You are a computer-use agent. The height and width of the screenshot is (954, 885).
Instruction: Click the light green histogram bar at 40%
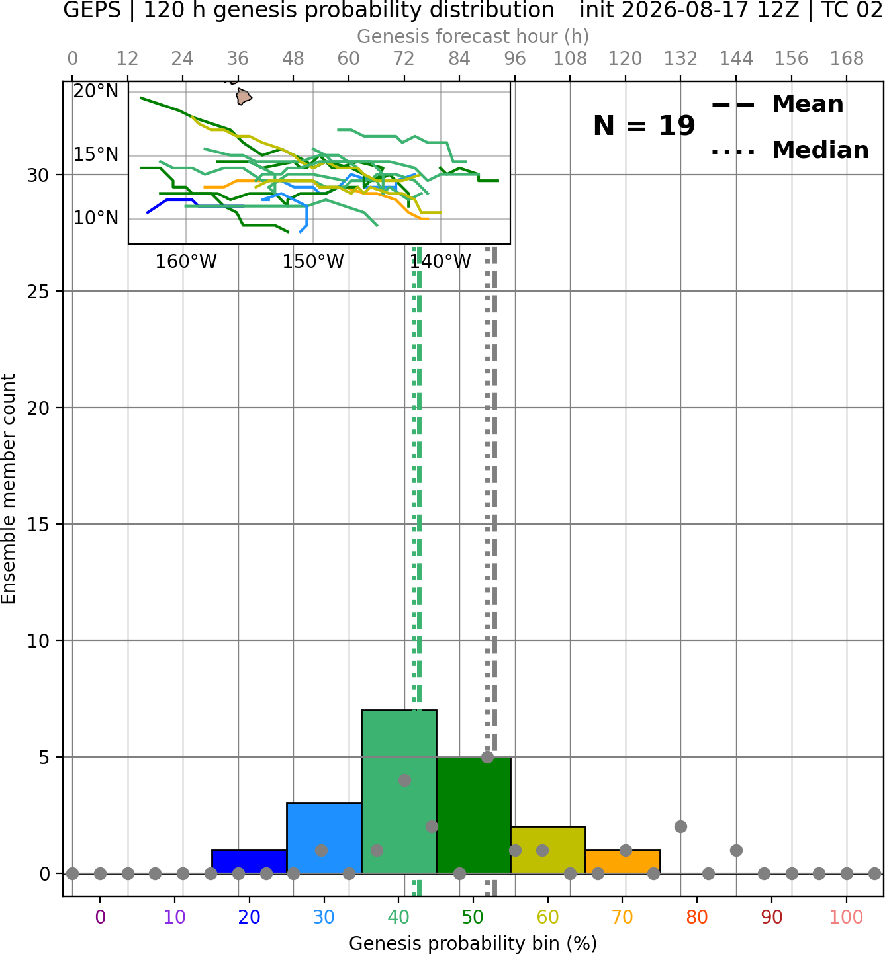pos(399,791)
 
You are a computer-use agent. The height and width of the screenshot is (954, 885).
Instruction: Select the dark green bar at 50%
pos(473,814)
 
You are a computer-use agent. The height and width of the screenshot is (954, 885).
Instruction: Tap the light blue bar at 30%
pos(324,838)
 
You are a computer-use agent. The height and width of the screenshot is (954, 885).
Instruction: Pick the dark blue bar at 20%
pos(250,861)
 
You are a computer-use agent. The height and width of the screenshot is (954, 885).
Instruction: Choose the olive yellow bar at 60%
pos(548,849)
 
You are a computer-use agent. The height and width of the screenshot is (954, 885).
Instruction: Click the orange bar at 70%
pos(623,861)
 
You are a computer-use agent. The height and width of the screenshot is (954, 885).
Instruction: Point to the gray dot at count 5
pos(487,757)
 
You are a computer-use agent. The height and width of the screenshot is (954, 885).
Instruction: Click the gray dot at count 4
pos(404,780)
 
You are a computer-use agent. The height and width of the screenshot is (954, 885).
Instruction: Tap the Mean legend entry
pos(777,105)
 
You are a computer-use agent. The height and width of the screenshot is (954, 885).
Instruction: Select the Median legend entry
pos(790,150)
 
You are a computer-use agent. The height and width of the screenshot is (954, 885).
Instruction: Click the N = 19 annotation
pos(644,126)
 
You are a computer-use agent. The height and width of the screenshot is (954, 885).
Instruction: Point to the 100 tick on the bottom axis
pos(846,917)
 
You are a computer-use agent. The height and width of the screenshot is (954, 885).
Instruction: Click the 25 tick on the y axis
pos(38,292)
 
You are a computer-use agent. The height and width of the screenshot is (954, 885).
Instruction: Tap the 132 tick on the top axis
pos(680,59)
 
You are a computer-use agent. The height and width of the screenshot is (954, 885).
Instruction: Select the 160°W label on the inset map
pos(186,262)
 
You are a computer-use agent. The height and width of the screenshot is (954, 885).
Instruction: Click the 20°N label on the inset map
pos(96,91)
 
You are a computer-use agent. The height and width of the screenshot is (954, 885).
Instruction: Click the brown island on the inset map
pos(244,97)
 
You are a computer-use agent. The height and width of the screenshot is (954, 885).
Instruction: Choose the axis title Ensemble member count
pos(8,489)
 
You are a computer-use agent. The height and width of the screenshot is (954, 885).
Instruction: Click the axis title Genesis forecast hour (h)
pos(473,36)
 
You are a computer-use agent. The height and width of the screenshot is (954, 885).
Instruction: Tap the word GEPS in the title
pos(92,10)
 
